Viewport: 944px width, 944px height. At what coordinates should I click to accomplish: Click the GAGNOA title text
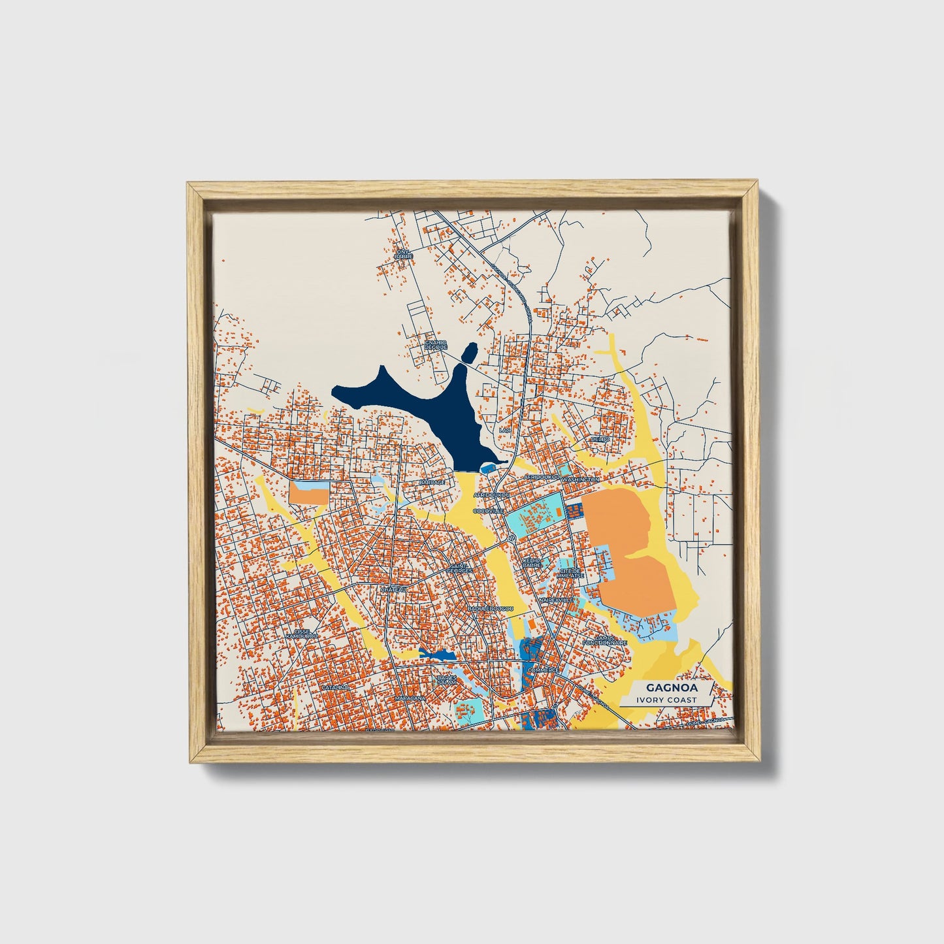663,688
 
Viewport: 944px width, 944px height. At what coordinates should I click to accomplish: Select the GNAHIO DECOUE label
434,344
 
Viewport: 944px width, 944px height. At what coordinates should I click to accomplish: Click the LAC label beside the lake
504,431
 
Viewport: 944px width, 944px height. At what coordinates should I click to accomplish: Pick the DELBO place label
600,439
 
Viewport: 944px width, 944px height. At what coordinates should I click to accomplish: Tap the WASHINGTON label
580,480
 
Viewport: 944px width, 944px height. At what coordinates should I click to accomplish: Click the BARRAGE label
432,482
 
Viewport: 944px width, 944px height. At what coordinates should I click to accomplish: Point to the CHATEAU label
394,589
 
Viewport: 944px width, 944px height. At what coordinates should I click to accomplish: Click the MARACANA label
410,698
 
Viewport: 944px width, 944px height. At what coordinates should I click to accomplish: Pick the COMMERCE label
544,670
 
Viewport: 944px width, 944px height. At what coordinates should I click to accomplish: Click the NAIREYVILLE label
556,599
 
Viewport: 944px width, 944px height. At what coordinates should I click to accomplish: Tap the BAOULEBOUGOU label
491,609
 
